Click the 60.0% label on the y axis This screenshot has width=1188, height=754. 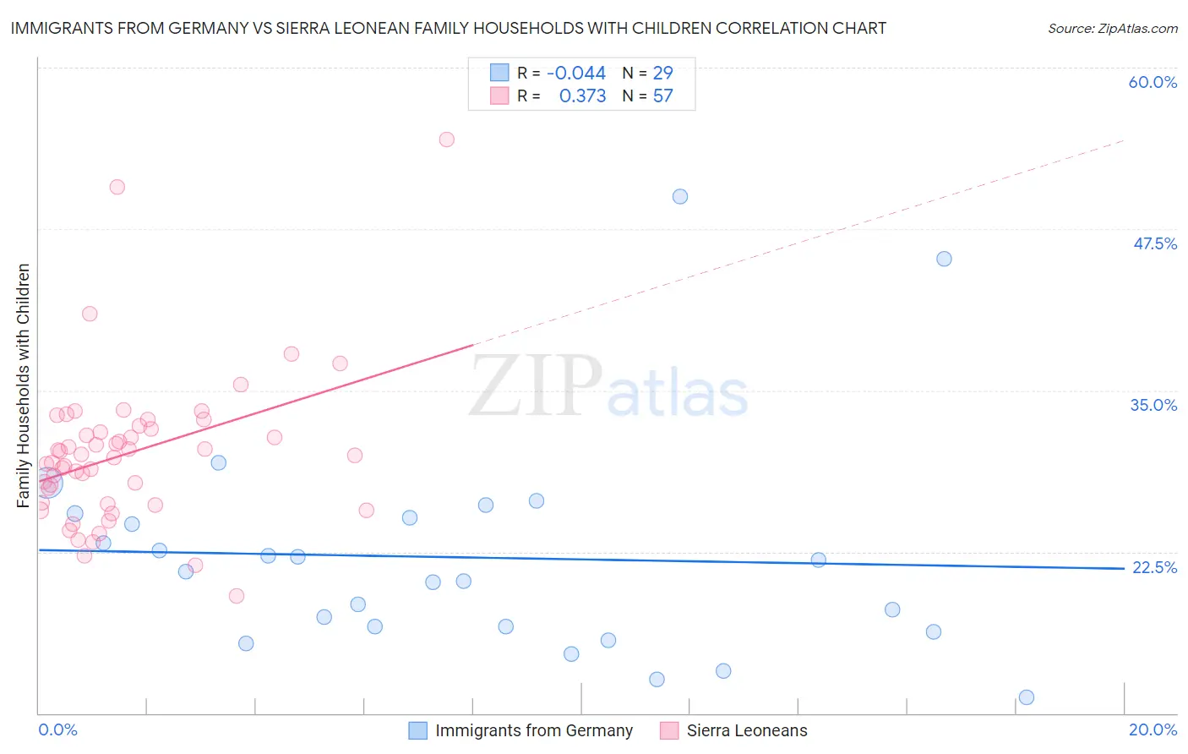[1153, 82]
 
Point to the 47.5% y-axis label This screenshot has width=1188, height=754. [1154, 243]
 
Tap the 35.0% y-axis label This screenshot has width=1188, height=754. [1153, 405]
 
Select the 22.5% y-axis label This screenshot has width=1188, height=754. [1153, 567]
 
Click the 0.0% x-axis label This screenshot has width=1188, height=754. [57, 729]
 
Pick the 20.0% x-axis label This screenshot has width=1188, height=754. [1153, 729]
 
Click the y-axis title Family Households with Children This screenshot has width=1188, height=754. [23, 385]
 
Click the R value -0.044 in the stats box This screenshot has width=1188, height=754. [575, 74]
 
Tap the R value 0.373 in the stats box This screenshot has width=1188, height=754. [582, 96]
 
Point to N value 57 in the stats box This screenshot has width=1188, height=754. [662, 96]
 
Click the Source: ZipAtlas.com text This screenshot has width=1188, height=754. [1112, 29]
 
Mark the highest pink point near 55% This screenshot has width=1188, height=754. [446, 139]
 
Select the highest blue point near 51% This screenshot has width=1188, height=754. [680, 197]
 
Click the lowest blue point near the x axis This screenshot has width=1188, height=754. [1027, 697]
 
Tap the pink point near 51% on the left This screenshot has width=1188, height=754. [117, 187]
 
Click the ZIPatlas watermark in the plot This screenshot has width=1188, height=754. [608, 388]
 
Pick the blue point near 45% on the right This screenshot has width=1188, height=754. [944, 259]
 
